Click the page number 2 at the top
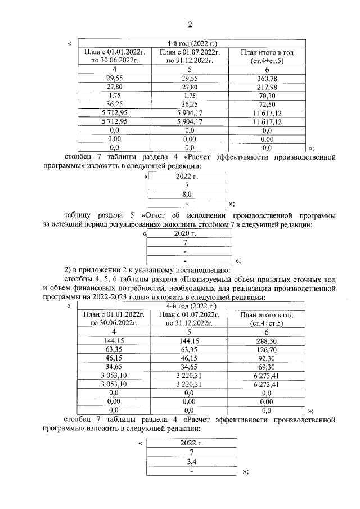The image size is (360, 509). coord(190,24)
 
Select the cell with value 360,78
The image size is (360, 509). coord(267,78)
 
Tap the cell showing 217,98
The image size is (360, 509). coord(267,87)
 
